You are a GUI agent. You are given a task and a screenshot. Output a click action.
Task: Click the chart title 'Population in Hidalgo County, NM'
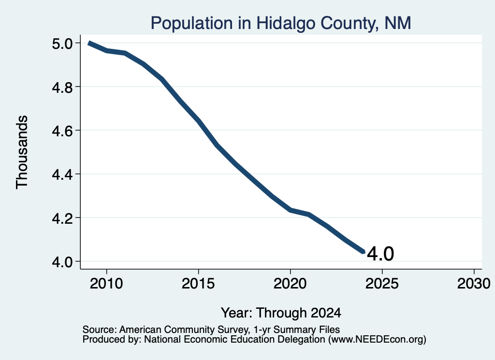click(x=281, y=23)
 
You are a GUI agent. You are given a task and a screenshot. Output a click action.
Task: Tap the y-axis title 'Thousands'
click(x=22, y=152)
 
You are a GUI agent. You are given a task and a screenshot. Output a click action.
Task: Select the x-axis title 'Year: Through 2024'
click(x=281, y=313)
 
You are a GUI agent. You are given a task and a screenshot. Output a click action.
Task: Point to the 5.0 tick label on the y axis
click(x=62, y=43)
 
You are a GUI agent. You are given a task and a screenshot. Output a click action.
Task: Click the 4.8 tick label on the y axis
click(x=62, y=87)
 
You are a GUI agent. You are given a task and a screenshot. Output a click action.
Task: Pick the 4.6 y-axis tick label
click(x=62, y=130)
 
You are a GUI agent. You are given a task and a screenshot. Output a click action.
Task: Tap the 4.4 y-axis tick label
click(x=62, y=174)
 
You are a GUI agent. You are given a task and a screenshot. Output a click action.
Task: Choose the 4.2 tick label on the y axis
click(x=62, y=218)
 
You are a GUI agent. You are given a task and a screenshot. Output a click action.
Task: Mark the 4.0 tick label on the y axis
click(x=62, y=262)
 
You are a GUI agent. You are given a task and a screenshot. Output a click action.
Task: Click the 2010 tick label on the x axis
click(x=106, y=283)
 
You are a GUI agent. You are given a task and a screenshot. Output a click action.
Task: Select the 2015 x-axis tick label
click(x=198, y=283)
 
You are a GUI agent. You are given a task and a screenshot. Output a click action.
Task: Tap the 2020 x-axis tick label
click(x=290, y=283)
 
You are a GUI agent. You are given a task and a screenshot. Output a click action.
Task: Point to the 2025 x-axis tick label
click(x=382, y=283)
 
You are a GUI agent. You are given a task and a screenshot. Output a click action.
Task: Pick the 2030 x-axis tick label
click(x=474, y=283)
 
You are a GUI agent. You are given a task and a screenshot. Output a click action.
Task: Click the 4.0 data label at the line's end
click(x=380, y=254)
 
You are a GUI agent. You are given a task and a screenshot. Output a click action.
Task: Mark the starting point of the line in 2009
click(x=89, y=43)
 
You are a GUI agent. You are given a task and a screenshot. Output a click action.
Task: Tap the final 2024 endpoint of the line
click(x=364, y=252)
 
